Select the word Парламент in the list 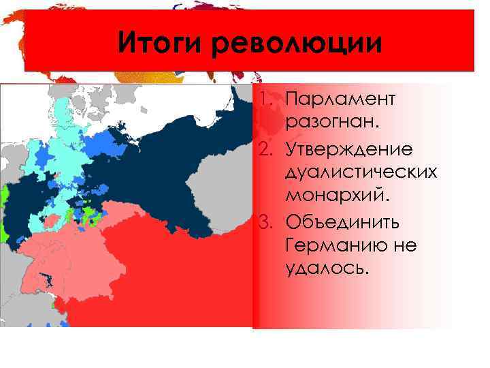coord(340,100)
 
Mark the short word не coord(406,246)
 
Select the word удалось coord(327,271)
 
